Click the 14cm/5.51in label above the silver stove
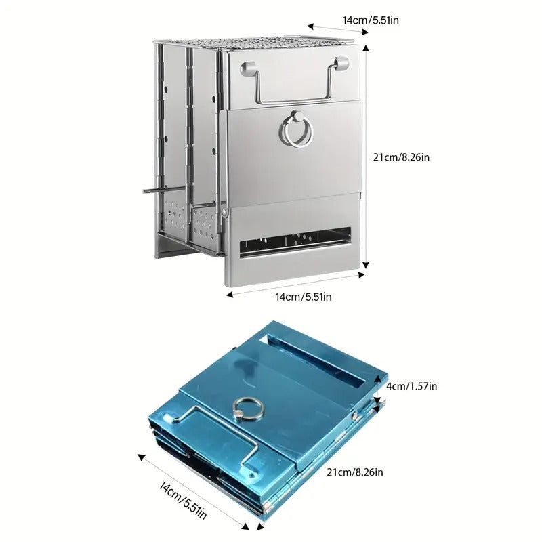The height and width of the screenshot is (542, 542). click(x=371, y=20)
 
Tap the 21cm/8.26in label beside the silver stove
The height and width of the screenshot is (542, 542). click(x=401, y=157)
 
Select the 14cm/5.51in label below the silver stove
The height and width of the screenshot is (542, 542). click(x=303, y=297)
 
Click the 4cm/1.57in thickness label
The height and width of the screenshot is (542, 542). click(x=411, y=386)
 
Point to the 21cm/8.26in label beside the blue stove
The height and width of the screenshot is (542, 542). click(x=355, y=472)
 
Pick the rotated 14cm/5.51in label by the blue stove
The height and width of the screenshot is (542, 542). click(x=183, y=500)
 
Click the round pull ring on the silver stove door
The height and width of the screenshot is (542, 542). click(x=295, y=131)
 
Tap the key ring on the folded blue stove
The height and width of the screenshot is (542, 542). click(x=248, y=408)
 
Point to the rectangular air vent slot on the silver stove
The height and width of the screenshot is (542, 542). click(x=295, y=242)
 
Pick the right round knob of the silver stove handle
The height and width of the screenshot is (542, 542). click(x=341, y=63)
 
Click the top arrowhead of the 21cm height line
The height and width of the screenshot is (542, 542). click(x=365, y=47)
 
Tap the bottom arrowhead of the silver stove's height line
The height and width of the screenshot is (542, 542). click(x=366, y=266)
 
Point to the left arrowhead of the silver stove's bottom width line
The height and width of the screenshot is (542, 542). click(x=230, y=295)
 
